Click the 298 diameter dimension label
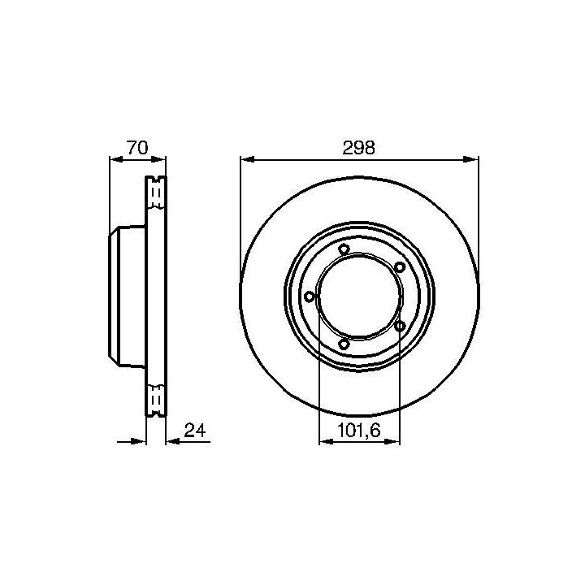(x=358, y=148)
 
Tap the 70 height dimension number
(x=137, y=147)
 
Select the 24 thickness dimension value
(x=195, y=431)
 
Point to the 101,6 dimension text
(x=359, y=431)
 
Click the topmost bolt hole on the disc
(x=344, y=249)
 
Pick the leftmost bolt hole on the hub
(x=310, y=297)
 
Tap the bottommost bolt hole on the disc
(x=344, y=344)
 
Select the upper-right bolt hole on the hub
(x=400, y=266)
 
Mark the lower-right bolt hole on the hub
(x=400, y=326)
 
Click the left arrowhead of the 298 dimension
(x=248, y=160)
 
